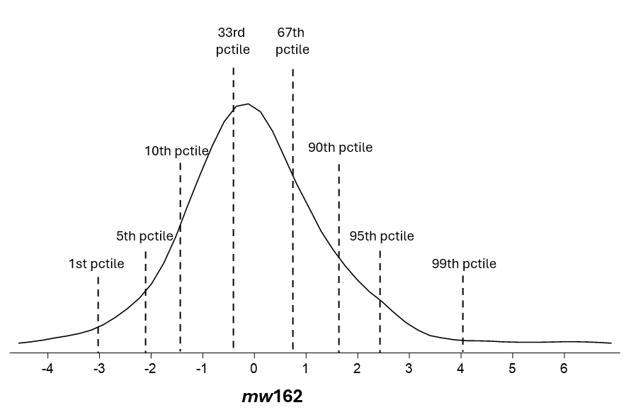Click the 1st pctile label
pos(96,264)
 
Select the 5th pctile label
pos(144,236)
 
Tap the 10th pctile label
pos(176,151)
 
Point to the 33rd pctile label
pos(233,41)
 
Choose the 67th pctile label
pos(293,41)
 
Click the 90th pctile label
pos(340,148)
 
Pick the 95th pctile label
pos(382,236)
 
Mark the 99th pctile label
pos(464,264)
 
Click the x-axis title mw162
pos(272,396)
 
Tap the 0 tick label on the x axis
pos(254,369)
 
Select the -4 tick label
pos(47,369)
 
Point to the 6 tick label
pos(564,369)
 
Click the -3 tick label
pos(98,369)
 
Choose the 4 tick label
pos(460,369)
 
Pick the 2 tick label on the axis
pos(357,369)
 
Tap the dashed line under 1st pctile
pos(98,312)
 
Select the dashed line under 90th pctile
pos(339,255)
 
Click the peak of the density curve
pos(247,104)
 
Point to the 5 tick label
pos(512,369)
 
